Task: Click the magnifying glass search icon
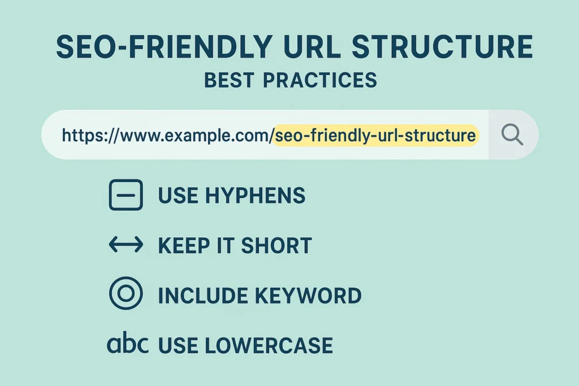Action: point(512,135)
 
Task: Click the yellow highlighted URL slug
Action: point(375,136)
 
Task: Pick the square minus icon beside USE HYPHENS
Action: point(126,196)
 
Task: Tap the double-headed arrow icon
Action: point(126,245)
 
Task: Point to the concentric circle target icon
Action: point(126,294)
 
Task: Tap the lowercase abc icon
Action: point(128,344)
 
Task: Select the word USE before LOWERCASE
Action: point(177,345)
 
